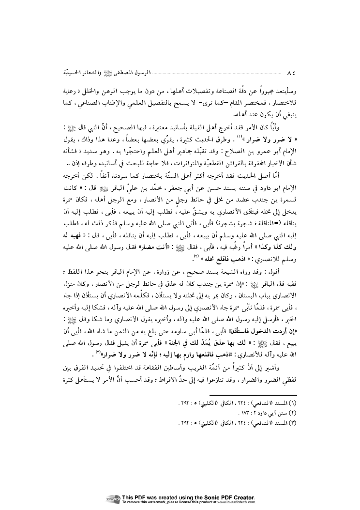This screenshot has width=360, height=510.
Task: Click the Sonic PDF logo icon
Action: [114, 499]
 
